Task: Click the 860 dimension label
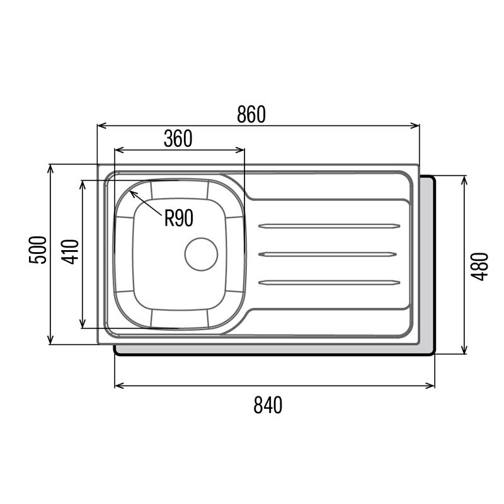(x=251, y=115)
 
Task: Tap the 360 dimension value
(x=178, y=139)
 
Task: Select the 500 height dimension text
(x=38, y=249)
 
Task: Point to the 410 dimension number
(x=70, y=251)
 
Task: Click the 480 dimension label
(x=479, y=266)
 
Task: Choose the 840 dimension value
(x=268, y=405)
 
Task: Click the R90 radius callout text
(x=179, y=218)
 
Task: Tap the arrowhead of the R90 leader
(x=132, y=193)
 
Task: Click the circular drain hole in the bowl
(x=201, y=255)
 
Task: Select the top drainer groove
(x=329, y=226)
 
